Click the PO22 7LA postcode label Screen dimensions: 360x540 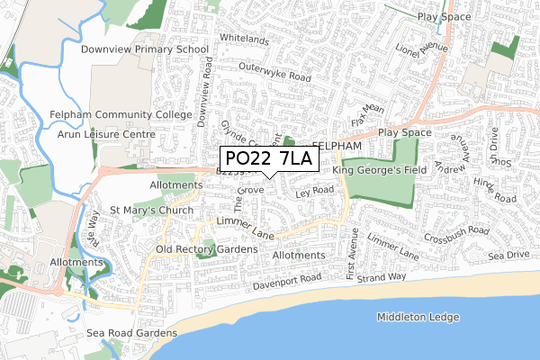(268, 159)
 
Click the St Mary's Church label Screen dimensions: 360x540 (151, 211)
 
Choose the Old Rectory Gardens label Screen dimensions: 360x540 (206, 248)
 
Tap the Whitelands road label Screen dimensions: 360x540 (244, 40)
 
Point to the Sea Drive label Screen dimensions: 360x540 (510, 256)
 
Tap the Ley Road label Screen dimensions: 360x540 (313, 191)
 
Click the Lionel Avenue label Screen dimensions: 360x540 (422, 47)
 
